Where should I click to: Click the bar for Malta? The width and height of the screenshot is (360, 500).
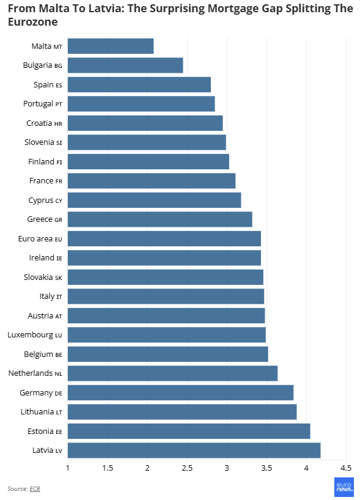tap(111, 46)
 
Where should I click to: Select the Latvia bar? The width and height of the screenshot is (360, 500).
tap(194, 450)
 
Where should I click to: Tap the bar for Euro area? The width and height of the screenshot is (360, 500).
tap(164, 238)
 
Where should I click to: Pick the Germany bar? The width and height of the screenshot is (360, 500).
tap(180, 392)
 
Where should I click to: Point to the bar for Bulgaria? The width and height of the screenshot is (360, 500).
tap(125, 65)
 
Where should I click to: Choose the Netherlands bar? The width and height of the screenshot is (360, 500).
tap(172, 373)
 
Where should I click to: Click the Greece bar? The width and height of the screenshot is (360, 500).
tap(160, 219)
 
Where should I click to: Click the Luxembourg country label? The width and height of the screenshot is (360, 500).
tap(35, 335)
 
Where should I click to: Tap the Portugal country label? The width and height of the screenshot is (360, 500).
tap(43, 104)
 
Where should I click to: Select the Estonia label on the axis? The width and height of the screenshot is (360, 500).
tap(45, 431)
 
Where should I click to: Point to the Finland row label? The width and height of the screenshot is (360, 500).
tap(45, 161)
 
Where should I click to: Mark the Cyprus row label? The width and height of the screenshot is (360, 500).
tap(45, 200)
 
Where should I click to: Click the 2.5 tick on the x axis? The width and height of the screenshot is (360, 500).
tap(187, 468)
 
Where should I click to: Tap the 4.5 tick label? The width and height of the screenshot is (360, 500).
tap(346, 468)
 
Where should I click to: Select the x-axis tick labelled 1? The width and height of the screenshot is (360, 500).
tap(68, 468)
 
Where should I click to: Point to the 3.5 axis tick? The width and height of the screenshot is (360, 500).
tap(266, 468)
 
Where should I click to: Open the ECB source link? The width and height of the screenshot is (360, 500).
tap(35, 488)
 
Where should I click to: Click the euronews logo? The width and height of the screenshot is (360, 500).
tap(344, 487)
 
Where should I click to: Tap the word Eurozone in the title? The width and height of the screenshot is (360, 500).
tap(33, 22)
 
